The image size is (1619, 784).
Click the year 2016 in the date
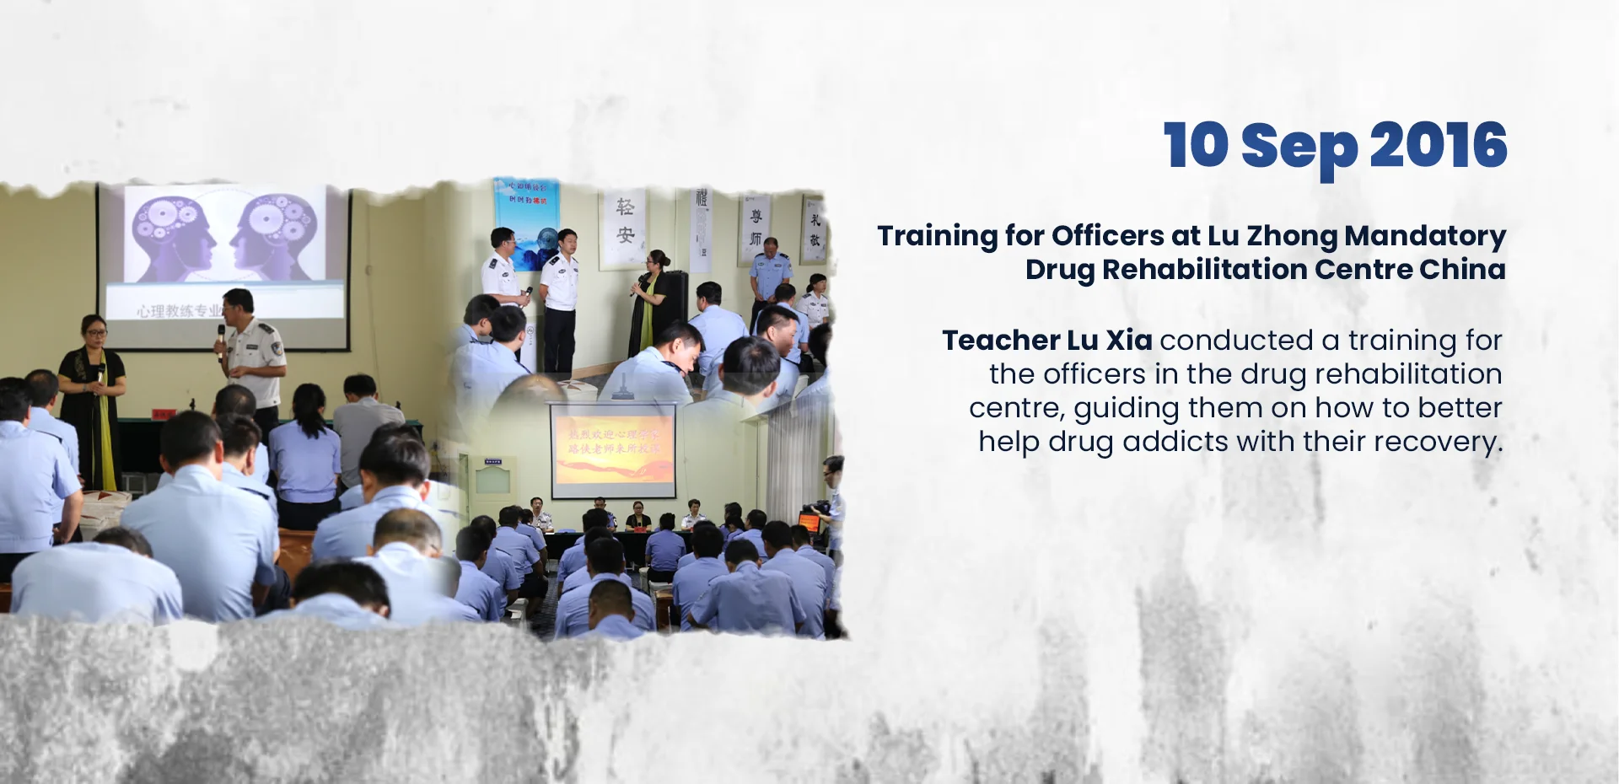click(x=1437, y=145)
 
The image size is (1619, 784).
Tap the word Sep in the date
click(x=1299, y=147)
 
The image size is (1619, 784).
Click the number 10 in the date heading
click(x=1196, y=145)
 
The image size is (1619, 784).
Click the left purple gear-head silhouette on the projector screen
click(x=174, y=235)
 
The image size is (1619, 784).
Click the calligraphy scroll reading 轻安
click(x=625, y=223)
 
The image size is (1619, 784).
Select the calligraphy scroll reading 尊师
click(x=755, y=228)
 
